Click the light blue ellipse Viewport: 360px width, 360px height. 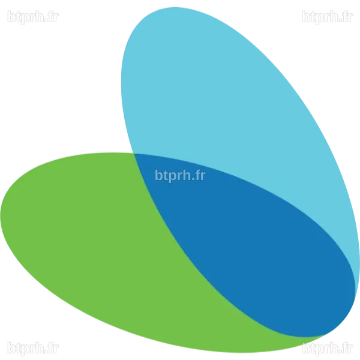[x=230, y=103]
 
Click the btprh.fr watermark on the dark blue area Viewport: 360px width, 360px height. [x=180, y=176]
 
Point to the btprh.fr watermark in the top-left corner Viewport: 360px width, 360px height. [x=33, y=17]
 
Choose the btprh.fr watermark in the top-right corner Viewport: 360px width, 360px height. [x=327, y=17]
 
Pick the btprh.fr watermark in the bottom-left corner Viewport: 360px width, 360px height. [x=33, y=348]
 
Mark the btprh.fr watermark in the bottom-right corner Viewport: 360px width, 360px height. [x=327, y=348]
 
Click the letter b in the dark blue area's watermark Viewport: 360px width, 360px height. [x=159, y=175]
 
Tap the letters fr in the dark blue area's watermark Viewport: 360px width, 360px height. [x=201, y=175]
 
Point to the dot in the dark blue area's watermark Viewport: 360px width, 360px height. [x=193, y=179]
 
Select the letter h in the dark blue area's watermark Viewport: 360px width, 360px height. [x=185, y=175]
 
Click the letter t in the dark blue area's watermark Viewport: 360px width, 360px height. [x=166, y=176]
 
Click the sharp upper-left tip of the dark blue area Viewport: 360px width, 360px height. [x=134, y=154]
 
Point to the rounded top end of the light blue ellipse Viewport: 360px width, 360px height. [x=175, y=7]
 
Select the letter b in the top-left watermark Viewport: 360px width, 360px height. [x=11, y=17]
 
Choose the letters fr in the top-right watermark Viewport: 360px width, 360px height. [x=348, y=17]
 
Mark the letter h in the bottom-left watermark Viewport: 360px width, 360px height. [x=38, y=347]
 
